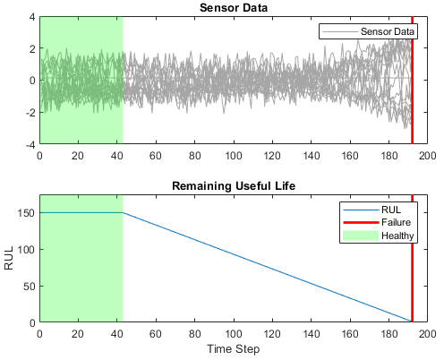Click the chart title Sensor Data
coord(233,8)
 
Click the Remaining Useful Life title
coord(233,187)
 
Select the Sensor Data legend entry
coord(387,31)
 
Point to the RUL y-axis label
coord(9,259)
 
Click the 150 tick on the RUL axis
coord(25,213)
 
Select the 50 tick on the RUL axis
coord(28,286)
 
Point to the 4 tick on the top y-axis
coord(31,17)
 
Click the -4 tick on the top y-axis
coord(30,143)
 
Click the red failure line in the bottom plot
coord(412,269)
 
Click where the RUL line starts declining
coord(123,213)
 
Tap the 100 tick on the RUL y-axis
coord(25,250)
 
